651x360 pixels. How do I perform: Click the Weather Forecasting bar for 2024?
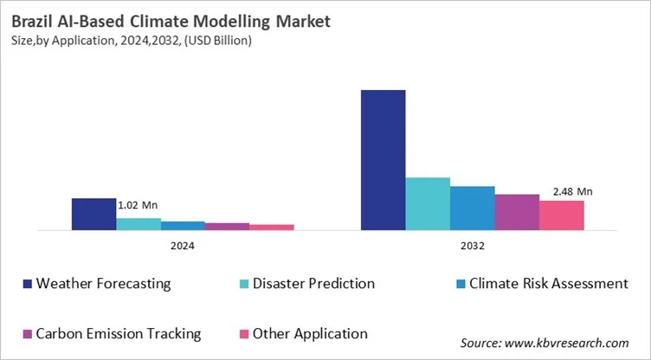click(93, 214)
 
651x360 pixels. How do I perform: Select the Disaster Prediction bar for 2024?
click(139, 224)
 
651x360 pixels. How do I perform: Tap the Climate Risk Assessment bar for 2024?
click(183, 226)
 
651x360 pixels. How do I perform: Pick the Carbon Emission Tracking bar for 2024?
click(227, 227)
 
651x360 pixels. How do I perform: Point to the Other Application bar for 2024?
click(272, 228)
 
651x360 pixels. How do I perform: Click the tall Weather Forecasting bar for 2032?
click(383, 160)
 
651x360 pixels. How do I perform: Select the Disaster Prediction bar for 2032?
click(428, 204)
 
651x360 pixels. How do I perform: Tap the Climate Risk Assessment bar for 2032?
click(472, 209)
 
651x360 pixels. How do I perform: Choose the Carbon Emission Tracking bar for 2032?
click(517, 213)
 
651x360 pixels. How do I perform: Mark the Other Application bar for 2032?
click(561, 215)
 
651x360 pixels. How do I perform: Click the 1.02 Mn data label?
click(138, 205)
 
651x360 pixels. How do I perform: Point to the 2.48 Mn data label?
click(571, 191)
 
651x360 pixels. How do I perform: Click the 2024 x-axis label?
click(183, 247)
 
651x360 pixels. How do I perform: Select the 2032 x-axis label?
click(472, 247)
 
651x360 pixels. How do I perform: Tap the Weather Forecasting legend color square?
click(28, 284)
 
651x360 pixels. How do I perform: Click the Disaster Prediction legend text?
click(313, 284)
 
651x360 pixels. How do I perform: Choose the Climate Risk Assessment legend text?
click(547, 284)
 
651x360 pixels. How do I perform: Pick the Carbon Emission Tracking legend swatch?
click(28, 334)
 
